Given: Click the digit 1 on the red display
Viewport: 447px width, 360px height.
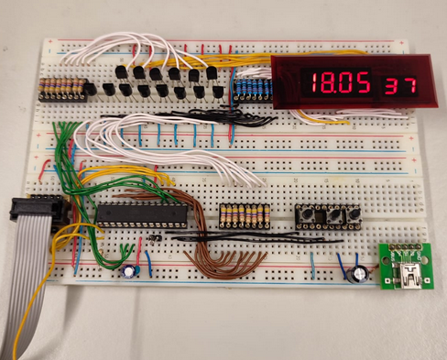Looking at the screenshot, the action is point(314,83).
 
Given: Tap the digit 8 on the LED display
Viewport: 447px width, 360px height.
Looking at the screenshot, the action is point(327,83).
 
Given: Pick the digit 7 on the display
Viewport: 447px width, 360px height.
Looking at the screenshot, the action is point(409,86).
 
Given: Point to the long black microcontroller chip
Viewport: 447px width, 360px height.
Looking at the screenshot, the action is point(142,215).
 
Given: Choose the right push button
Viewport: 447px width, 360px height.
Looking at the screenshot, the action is point(354,215).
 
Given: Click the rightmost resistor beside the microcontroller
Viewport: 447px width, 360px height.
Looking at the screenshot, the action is point(267,214).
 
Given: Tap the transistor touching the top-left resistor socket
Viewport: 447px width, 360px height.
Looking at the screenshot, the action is point(91,89).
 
